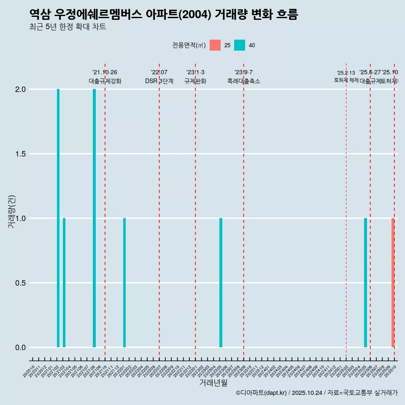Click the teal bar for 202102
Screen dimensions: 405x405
(58, 218)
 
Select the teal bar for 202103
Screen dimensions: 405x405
(64, 283)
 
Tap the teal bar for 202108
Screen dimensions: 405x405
(94, 218)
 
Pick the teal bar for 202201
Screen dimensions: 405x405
(124, 283)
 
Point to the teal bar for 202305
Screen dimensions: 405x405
(221, 283)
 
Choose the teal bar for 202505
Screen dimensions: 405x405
(365, 283)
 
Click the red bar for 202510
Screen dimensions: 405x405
(393, 283)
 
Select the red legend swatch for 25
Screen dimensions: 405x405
(215, 45)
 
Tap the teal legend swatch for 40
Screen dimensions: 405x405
(240, 45)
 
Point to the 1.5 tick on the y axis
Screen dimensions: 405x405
(20, 154)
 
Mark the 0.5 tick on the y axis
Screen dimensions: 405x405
(20, 283)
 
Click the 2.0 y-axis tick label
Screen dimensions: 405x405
(20, 89)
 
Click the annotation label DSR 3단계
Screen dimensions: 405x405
(159, 81)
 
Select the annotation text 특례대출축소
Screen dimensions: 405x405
(243, 81)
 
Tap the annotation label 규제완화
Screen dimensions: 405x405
(195, 81)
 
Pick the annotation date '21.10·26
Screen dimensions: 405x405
(105, 72)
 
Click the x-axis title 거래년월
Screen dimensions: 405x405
(213, 383)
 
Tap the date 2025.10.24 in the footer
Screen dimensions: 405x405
(307, 393)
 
